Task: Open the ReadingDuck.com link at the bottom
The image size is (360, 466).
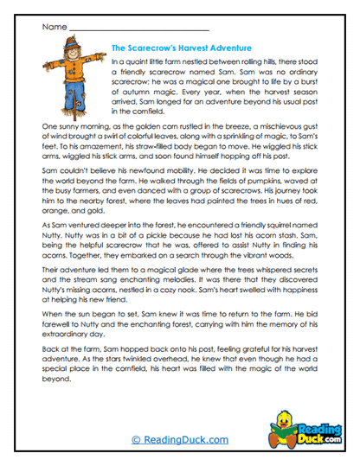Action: [x=179, y=440]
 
